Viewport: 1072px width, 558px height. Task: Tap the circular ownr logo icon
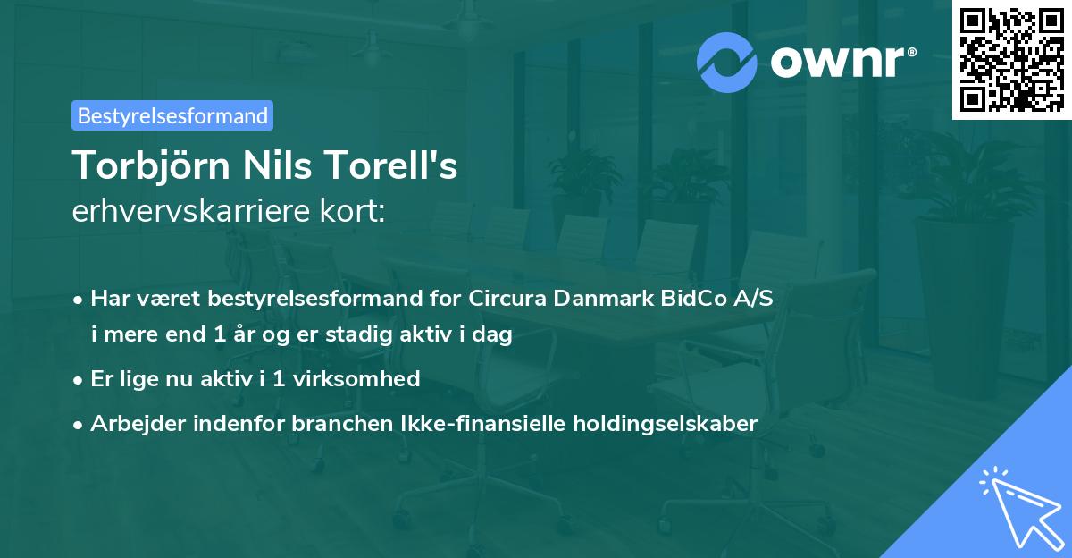click(x=727, y=63)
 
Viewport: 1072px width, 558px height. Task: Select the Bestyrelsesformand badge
click(x=172, y=115)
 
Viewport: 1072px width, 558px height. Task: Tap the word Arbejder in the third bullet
click(x=130, y=423)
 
